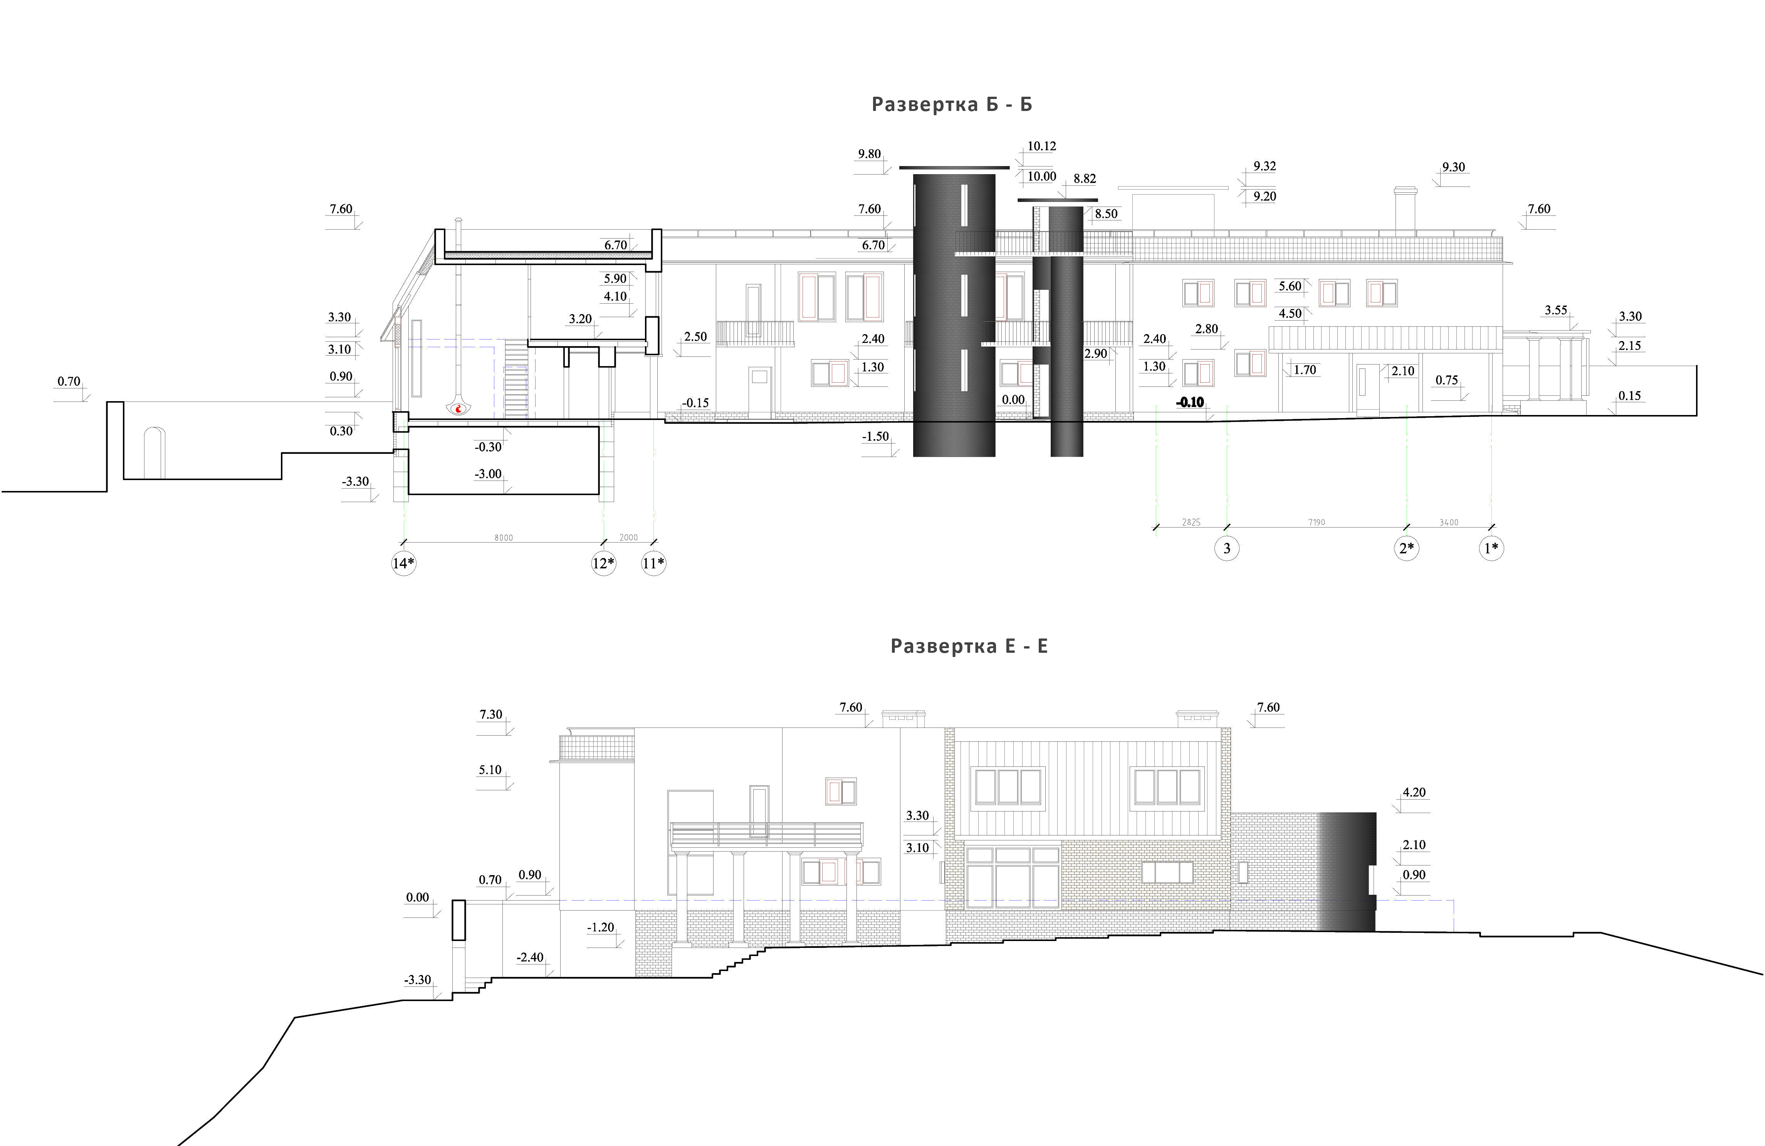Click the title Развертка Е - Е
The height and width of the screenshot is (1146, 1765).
point(969,646)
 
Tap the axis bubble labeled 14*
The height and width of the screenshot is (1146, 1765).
point(403,563)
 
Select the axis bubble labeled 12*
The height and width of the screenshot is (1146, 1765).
point(604,563)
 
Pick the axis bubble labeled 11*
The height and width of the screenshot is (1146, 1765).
point(653,563)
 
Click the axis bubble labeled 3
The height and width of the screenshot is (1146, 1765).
point(1227,548)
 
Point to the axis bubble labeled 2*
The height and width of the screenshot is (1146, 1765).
point(1407,548)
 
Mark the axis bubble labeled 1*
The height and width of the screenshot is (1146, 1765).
point(1491,548)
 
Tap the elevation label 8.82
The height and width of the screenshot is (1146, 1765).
point(1084,179)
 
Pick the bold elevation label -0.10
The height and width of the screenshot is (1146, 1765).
point(1190,403)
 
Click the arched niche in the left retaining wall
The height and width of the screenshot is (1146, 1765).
point(153,452)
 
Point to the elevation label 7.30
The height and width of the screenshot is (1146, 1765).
point(491,714)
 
